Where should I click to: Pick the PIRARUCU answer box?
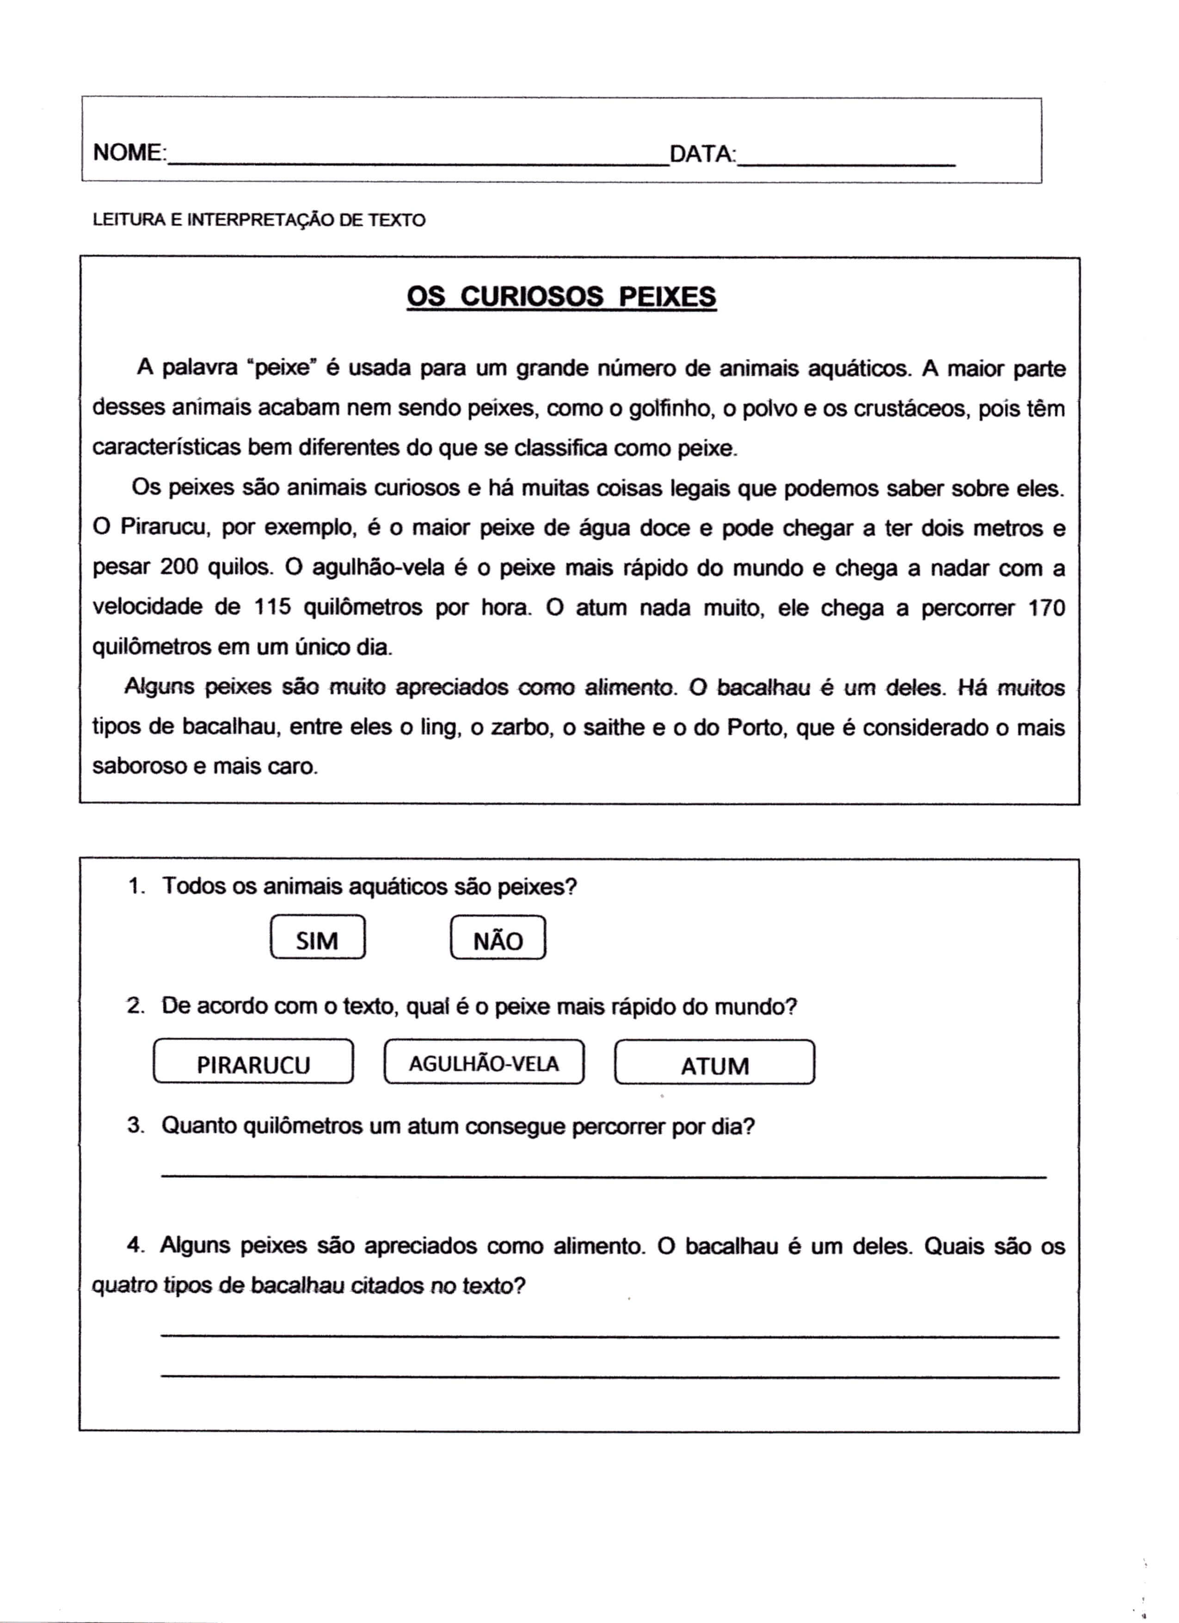[253, 1064]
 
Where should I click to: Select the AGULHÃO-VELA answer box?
[484, 1064]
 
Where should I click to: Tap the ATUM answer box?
[714, 1065]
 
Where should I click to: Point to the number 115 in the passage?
[273, 608]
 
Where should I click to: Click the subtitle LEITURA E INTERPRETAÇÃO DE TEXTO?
[259, 221]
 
